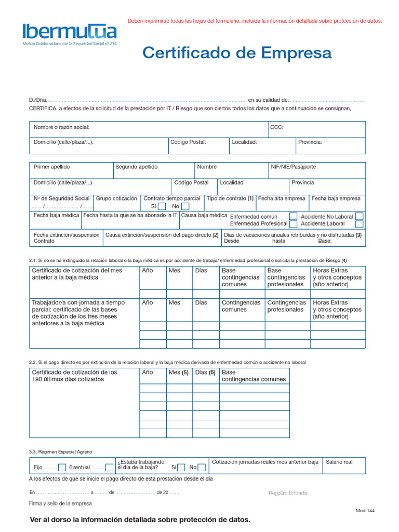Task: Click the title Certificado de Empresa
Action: coord(237,52)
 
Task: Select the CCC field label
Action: coord(276,127)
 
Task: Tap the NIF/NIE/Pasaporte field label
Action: coord(293,167)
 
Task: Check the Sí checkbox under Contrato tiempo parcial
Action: coord(162,206)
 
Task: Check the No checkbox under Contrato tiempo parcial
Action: coord(185,206)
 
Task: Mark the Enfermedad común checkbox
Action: coord(294,216)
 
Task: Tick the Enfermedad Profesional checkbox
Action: coord(294,224)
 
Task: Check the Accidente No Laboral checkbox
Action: coord(359,216)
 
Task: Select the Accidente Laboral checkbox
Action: coord(359,224)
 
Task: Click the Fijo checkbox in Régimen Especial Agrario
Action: coord(62,467)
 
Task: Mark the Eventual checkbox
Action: coord(109,467)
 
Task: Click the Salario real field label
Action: coord(339,462)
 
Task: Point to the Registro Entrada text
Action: coord(287,493)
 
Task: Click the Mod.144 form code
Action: coord(365,511)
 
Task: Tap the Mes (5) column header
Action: coord(178,373)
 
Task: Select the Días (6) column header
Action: coord(205,373)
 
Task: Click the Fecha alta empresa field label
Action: coord(282,198)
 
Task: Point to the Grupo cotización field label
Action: coord(116,198)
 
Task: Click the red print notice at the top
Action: coord(255,21)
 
